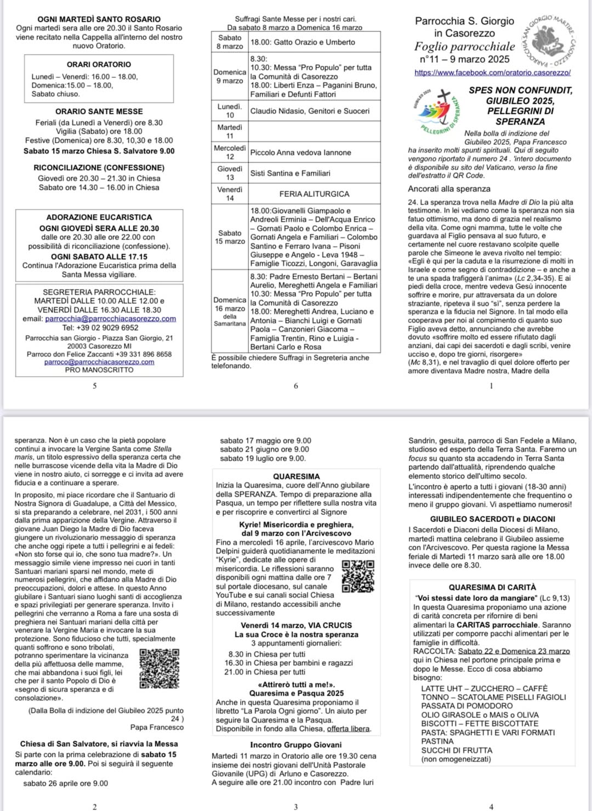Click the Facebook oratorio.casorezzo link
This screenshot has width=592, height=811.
[x=492, y=72]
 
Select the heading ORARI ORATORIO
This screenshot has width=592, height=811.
[x=99, y=65]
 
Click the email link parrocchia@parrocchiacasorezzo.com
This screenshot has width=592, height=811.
[x=110, y=319]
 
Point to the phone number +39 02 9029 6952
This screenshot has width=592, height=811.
[x=109, y=327]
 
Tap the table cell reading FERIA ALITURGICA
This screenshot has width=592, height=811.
[x=314, y=194]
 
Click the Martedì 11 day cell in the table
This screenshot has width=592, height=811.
[x=230, y=132]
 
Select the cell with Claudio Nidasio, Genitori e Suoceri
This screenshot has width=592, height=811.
[x=310, y=111]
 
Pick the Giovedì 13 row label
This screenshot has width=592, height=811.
[x=230, y=173]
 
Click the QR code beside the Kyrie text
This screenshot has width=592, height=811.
[x=358, y=576]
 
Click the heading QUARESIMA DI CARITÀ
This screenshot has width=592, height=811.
[x=492, y=587]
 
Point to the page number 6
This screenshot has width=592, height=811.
[x=295, y=386]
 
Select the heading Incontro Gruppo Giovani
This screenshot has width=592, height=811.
[x=295, y=745]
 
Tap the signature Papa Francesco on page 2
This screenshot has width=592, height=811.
[x=157, y=727]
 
